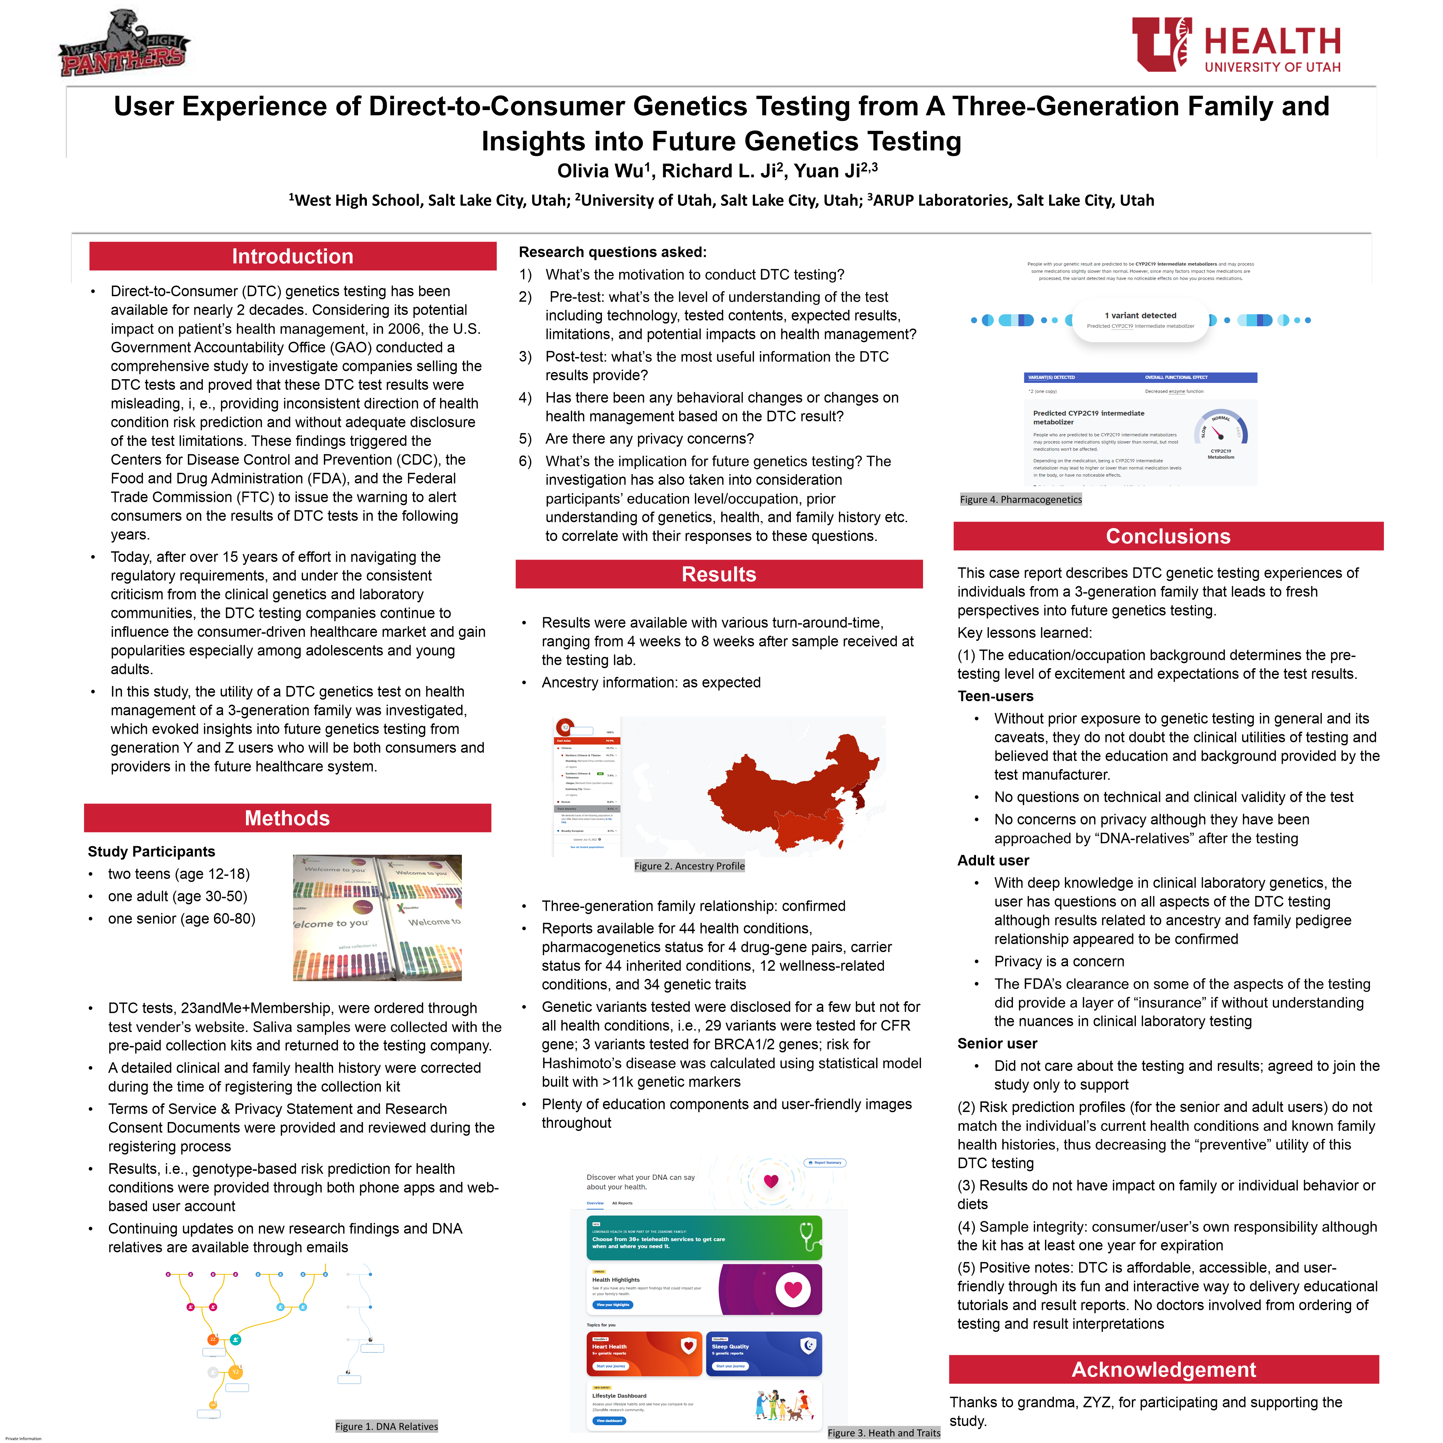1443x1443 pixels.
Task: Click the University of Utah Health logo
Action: [x=1236, y=45]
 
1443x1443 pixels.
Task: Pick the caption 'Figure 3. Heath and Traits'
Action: [x=883, y=1432]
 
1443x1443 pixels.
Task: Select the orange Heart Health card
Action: [x=644, y=1353]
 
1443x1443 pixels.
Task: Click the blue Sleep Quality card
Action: [x=763, y=1353]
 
